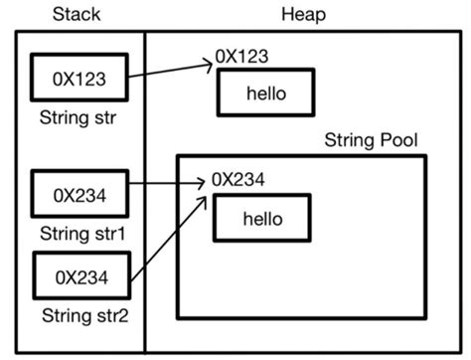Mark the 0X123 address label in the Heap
click(x=242, y=58)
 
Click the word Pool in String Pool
click(x=399, y=139)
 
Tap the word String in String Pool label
click(x=348, y=139)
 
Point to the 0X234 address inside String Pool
click(x=237, y=181)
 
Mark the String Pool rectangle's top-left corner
click(x=177, y=156)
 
